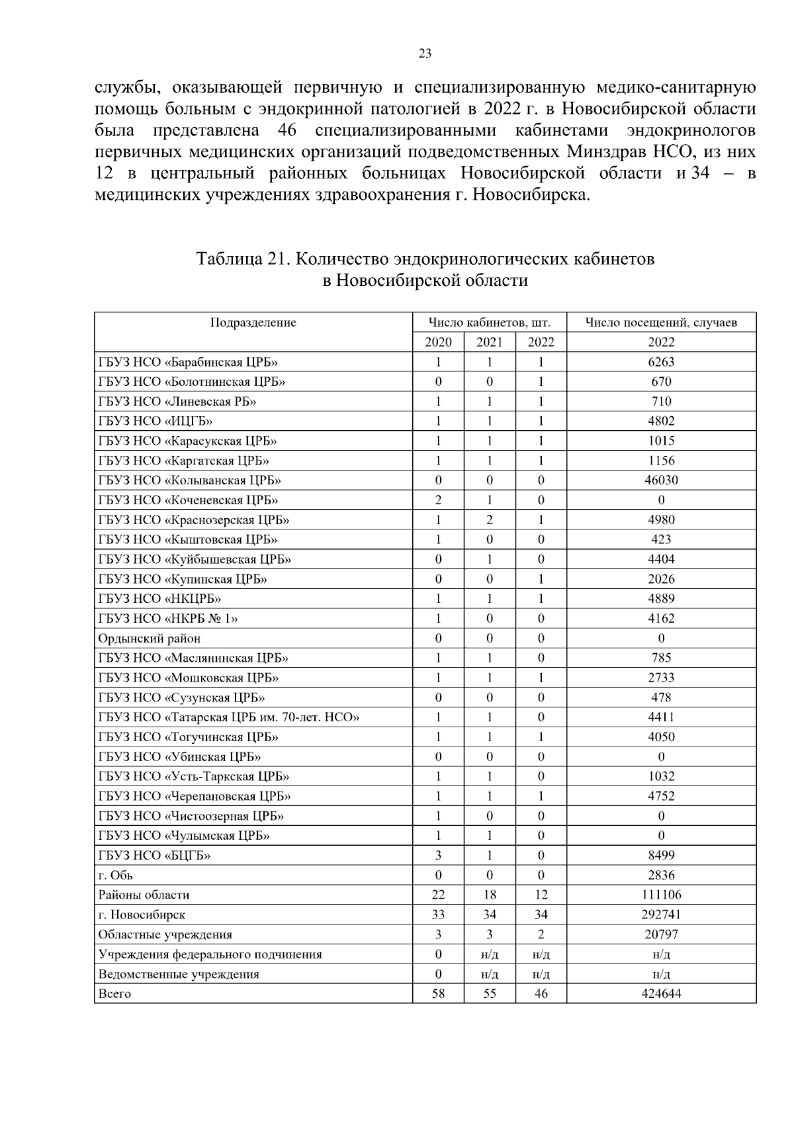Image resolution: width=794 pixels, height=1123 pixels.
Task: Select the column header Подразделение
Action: click(x=253, y=323)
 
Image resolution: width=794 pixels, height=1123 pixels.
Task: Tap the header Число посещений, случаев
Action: click(x=660, y=323)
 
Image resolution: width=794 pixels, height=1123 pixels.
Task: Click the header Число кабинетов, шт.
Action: click(x=489, y=323)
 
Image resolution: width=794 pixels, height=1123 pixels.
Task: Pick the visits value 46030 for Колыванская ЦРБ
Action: click(x=660, y=480)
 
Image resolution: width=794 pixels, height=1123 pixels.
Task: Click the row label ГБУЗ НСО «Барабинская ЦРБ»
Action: click(x=187, y=362)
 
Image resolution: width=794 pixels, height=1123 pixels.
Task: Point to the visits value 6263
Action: click(x=660, y=362)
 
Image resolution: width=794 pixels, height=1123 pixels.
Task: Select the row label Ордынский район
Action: click(x=149, y=639)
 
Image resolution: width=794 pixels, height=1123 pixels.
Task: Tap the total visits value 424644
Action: click(x=660, y=994)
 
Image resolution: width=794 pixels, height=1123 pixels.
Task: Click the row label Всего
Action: click(x=114, y=994)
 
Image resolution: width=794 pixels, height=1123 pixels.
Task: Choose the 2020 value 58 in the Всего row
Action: click(x=438, y=994)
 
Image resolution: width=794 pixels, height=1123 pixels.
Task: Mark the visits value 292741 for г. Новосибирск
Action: click(x=660, y=915)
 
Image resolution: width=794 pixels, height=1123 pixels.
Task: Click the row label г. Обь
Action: click(x=115, y=876)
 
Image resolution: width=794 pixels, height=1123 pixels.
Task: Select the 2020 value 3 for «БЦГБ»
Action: click(x=438, y=856)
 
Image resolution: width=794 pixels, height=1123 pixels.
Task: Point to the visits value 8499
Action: click(x=660, y=856)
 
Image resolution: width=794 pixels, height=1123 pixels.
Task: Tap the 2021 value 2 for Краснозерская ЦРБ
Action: click(x=489, y=520)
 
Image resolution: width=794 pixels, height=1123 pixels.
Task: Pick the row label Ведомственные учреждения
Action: click(x=178, y=974)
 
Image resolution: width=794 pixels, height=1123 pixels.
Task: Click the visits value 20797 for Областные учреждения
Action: click(x=660, y=935)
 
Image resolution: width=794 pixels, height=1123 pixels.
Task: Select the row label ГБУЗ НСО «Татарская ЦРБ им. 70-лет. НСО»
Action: click(x=228, y=717)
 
